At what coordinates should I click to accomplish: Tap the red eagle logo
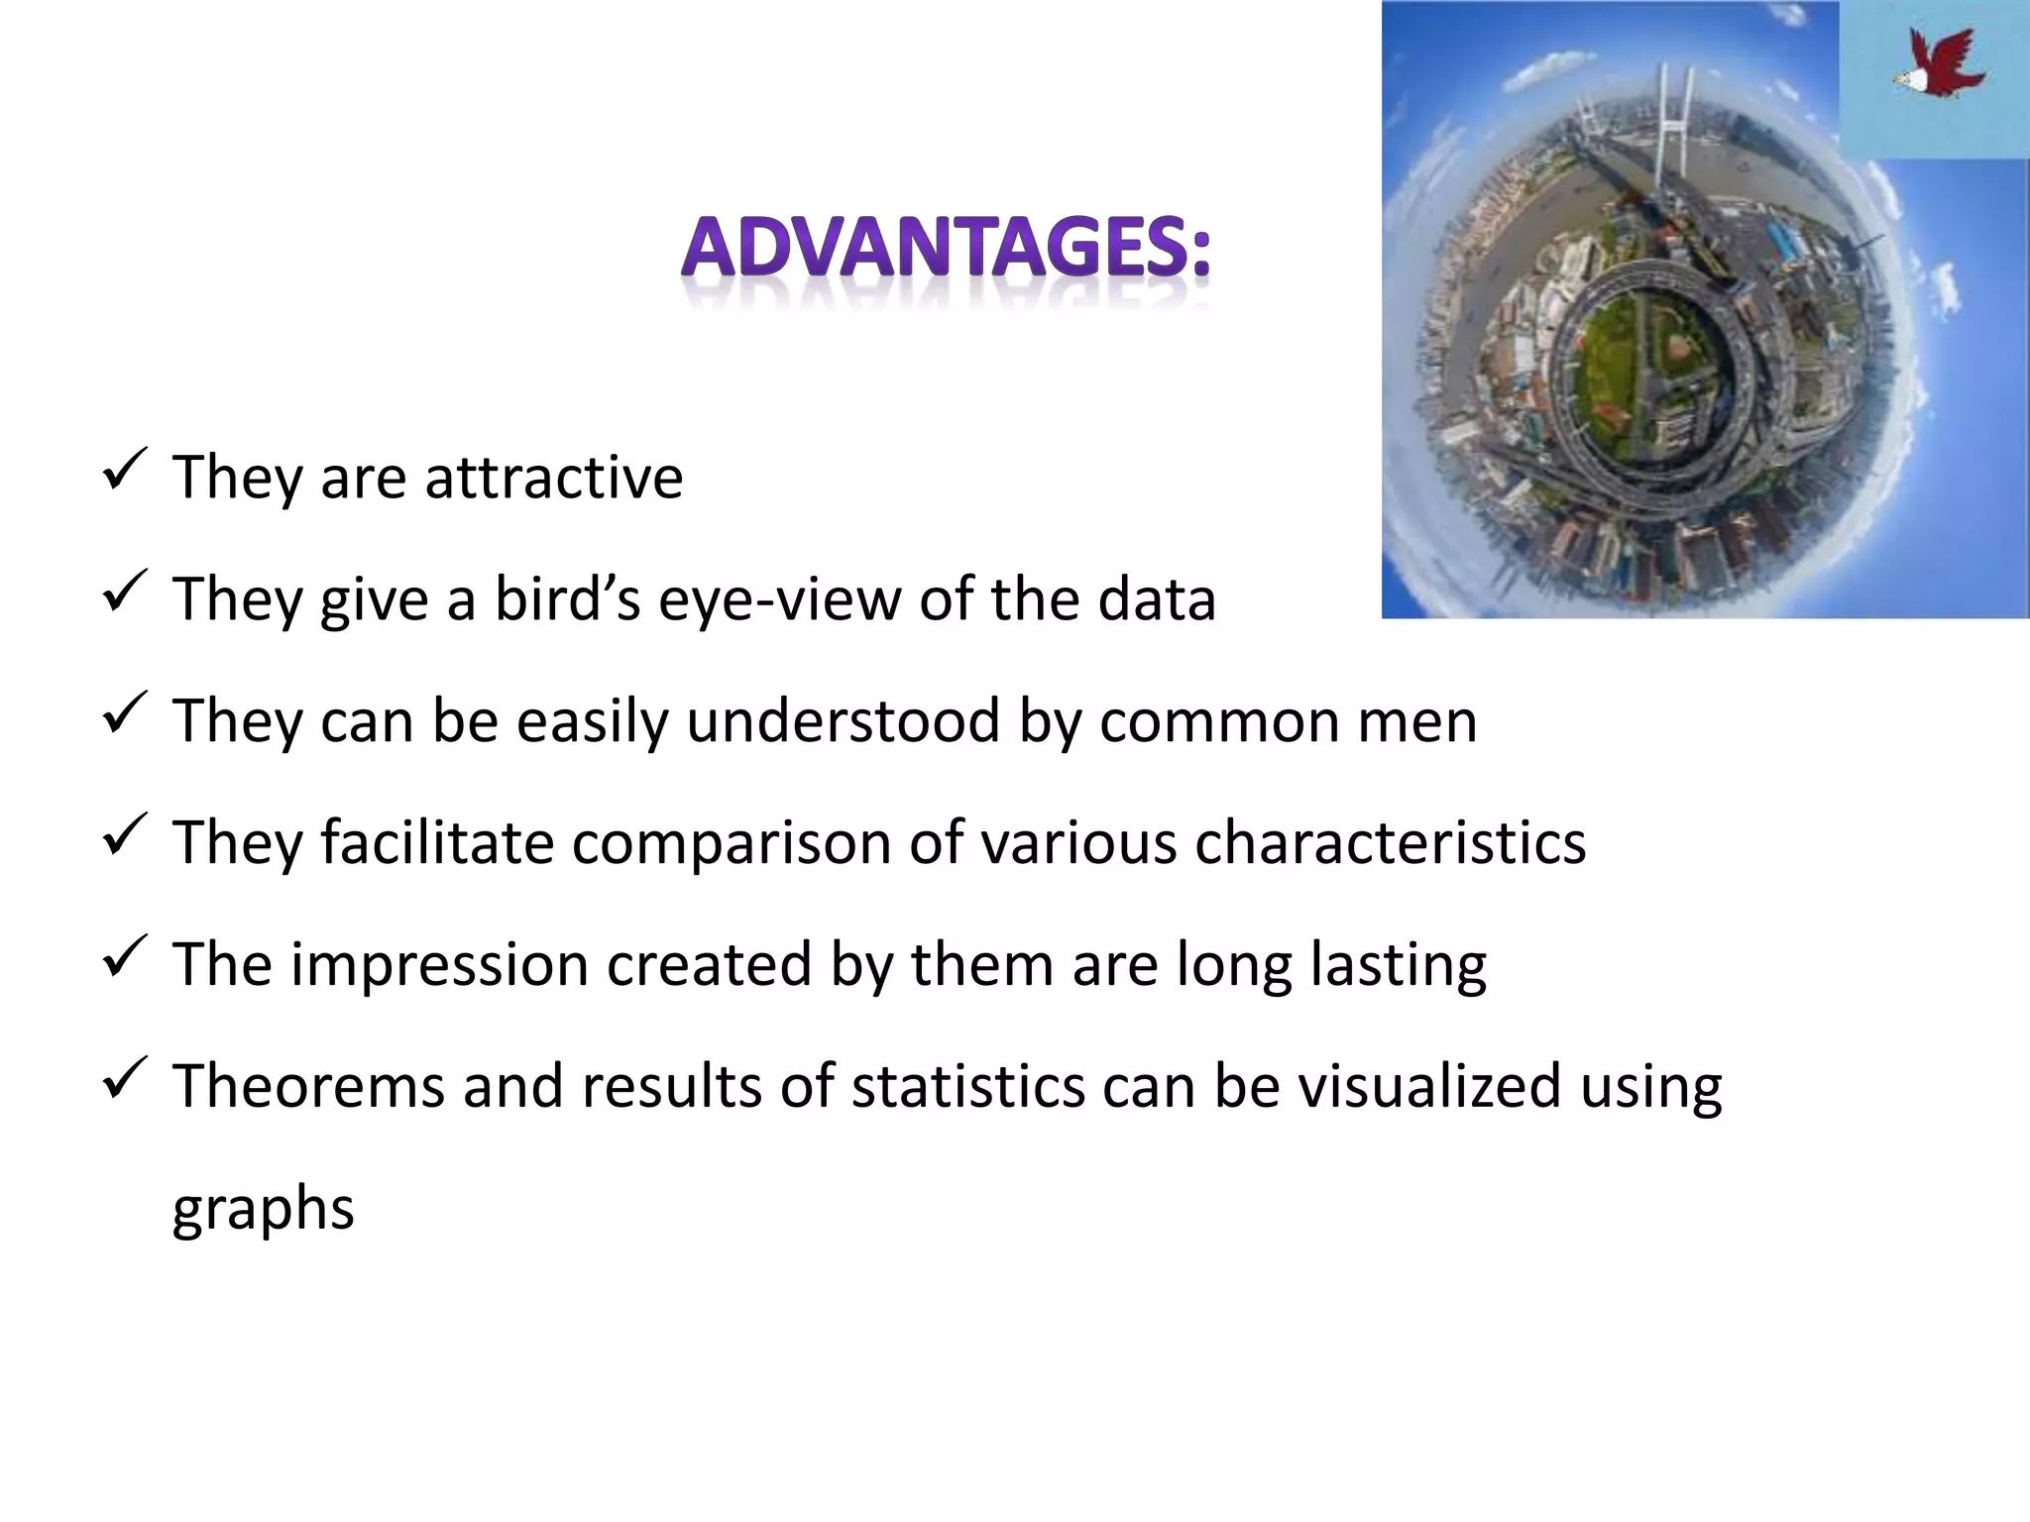[x=1938, y=64]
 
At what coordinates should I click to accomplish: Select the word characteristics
[x=1390, y=842]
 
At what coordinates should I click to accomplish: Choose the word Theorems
[x=308, y=1086]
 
